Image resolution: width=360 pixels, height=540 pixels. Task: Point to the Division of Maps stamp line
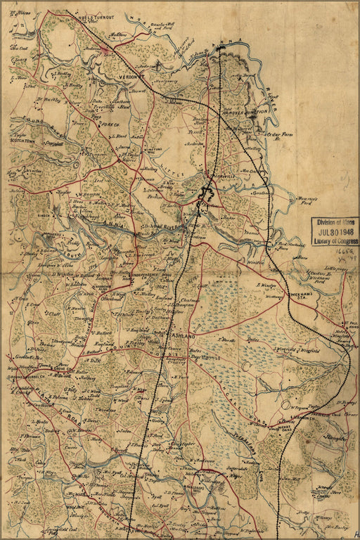click(x=335, y=221)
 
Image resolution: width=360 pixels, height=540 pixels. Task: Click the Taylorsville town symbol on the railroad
click(x=208, y=190)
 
